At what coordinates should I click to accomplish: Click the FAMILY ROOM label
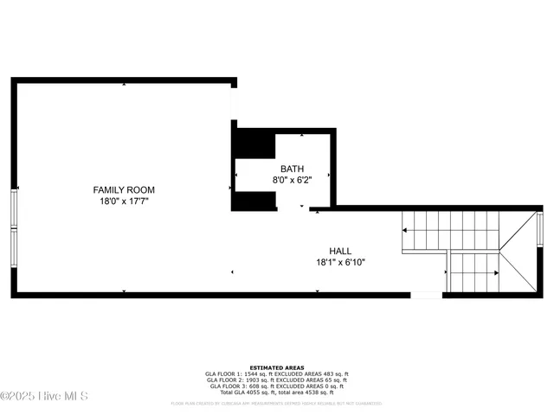tap(124, 189)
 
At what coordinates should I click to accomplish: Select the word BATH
tap(292, 169)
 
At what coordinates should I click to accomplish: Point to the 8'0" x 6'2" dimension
tap(292, 180)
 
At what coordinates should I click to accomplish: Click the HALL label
tap(339, 251)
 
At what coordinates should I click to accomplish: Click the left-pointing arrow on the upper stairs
tap(405, 230)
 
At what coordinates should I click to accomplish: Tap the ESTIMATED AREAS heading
tap(276, 367)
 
